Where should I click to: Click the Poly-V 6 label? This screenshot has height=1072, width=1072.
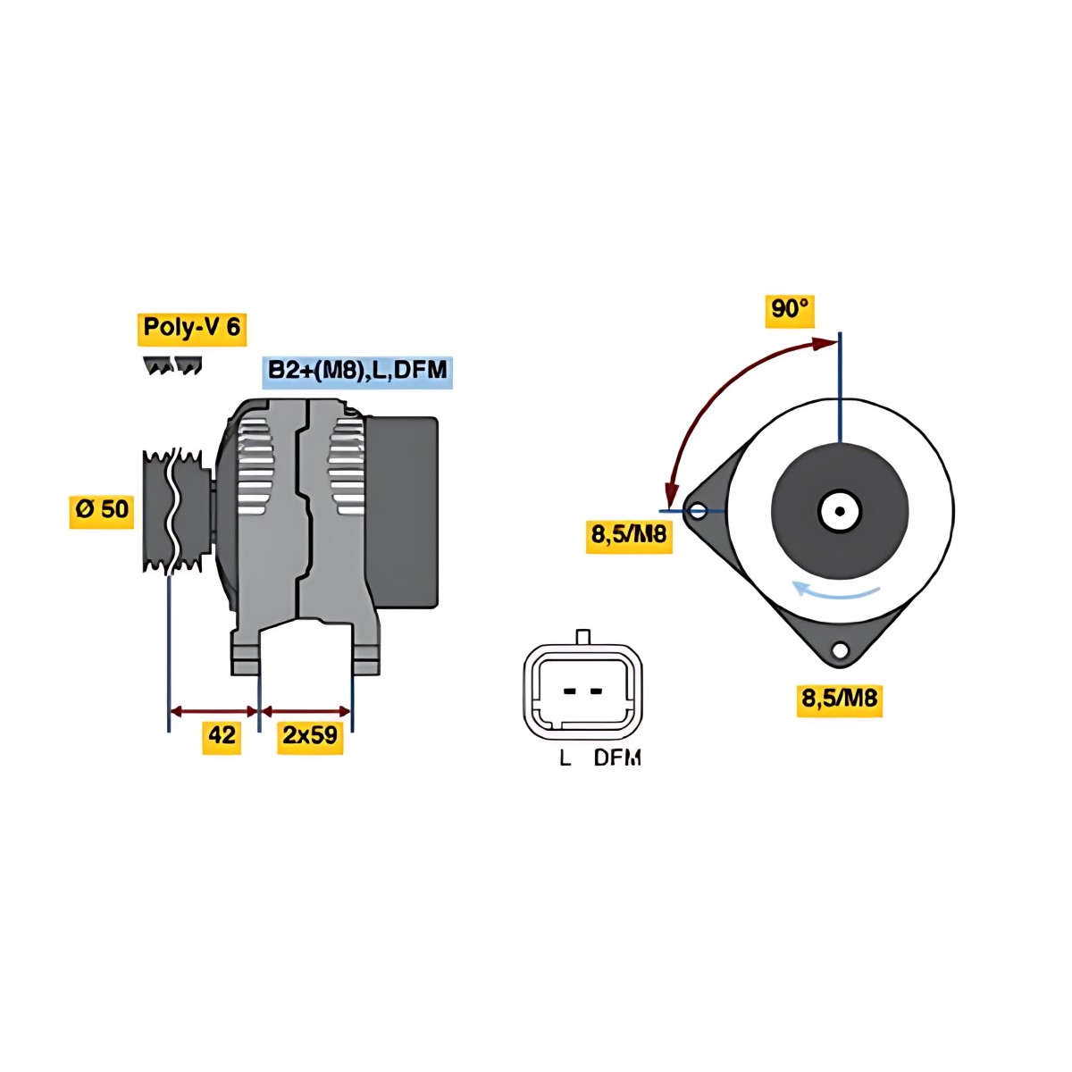(x=191, y=329)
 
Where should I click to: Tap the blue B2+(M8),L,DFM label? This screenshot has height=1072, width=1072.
(x=357, y=372)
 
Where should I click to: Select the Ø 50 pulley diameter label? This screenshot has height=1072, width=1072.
(x=102, y=511)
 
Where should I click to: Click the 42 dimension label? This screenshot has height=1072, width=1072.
(x=222, y=737)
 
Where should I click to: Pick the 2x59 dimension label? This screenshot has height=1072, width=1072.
(x=310, y=737)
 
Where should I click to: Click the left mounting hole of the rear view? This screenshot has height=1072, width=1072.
(x=697, y=511)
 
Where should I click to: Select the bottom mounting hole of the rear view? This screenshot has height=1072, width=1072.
(x=840, y=649)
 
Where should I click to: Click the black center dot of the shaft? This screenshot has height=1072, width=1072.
(x=840, y=511)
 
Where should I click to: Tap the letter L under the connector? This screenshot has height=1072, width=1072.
(x=565, y=758)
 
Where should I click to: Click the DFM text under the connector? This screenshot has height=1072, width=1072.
(x=617, y=758)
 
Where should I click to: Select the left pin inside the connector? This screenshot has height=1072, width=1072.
(x=569, y=691)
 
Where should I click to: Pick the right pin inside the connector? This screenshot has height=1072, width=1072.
(x=596, y=691)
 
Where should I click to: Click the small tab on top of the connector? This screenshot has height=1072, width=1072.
(x=582, y=638)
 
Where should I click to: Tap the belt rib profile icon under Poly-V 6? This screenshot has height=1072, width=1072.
(x=172, y=365)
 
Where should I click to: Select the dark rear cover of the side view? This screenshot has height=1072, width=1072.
(x=401, y=512)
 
